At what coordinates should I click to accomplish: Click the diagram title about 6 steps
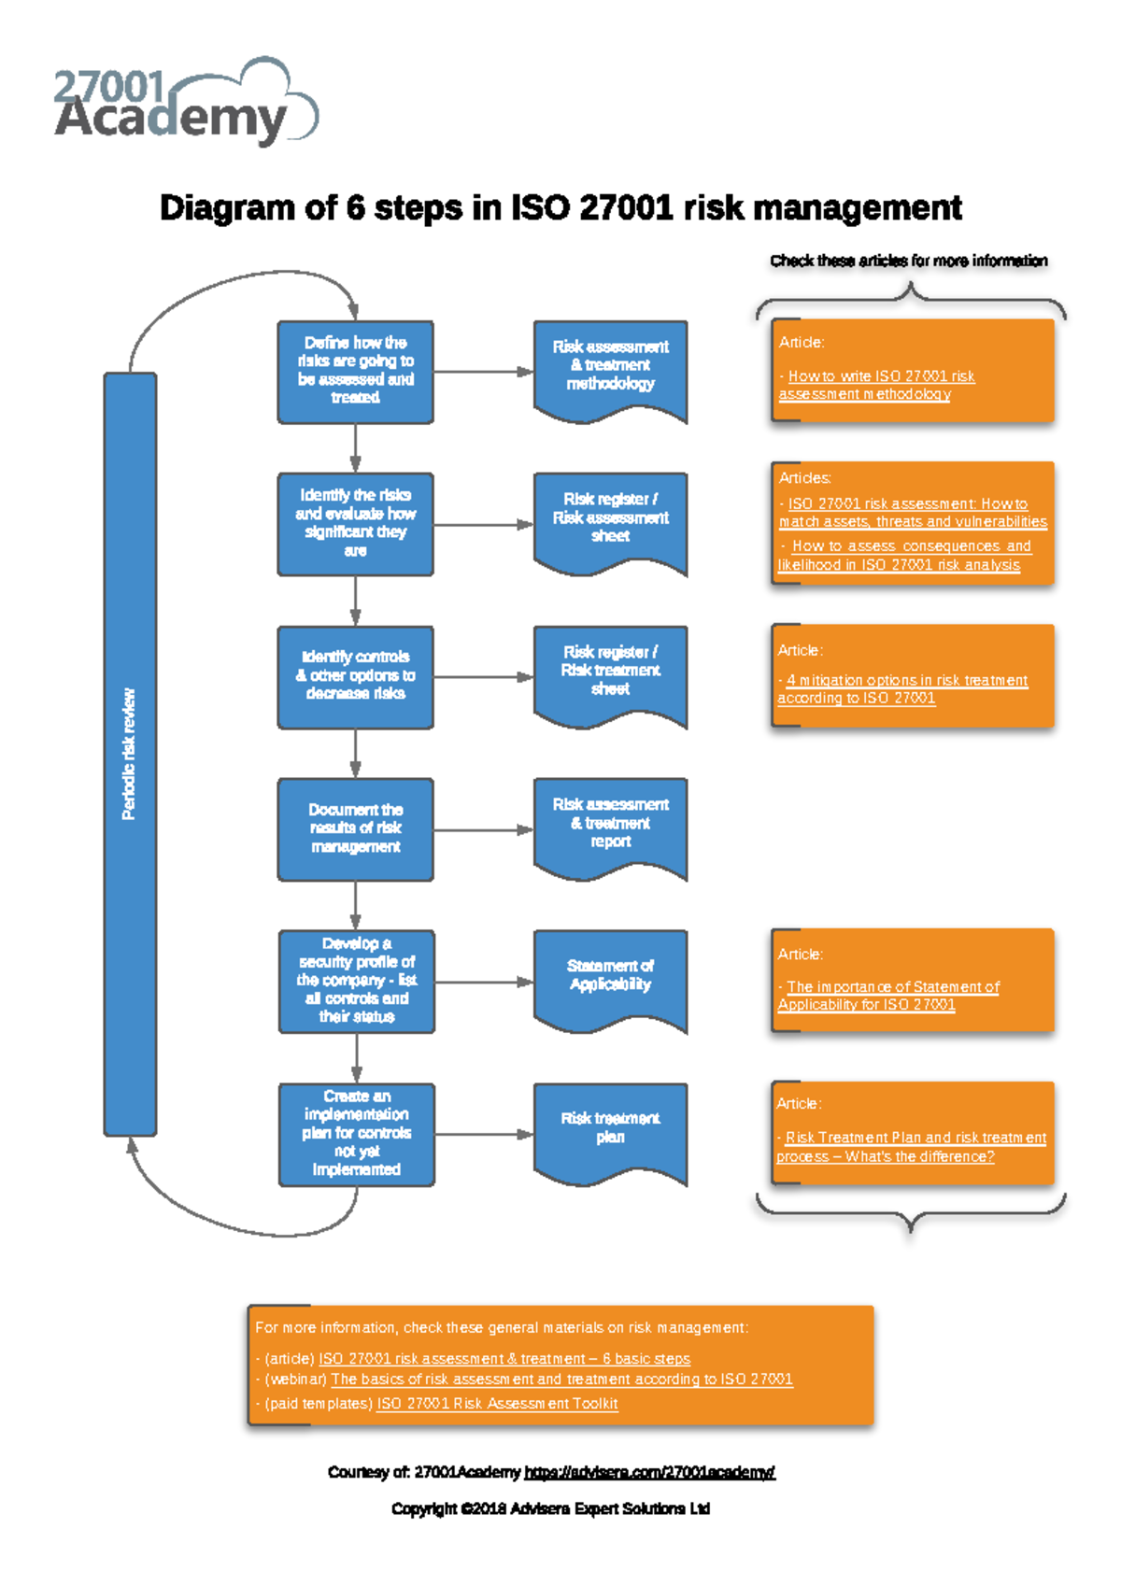[x=560, y=207]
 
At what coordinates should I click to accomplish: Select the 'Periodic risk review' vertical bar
[x=130, y=754]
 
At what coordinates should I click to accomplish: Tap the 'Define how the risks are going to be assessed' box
[x=355, y=371]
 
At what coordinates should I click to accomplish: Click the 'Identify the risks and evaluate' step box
[x=355, y=523]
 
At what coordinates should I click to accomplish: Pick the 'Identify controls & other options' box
[x=355, y=676]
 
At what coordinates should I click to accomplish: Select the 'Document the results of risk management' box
[x=355, y=828]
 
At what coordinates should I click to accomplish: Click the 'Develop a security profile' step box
[x=356, y=981]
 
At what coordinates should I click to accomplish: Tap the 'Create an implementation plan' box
[x=356, y=1134]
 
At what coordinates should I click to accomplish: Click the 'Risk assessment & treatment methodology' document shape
[x=610, y=366]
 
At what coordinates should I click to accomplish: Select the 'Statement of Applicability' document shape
[x=610, y=975]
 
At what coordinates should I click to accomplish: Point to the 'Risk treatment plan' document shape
[x=610, y=1128]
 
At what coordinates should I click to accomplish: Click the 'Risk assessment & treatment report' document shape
[x=610, y=823]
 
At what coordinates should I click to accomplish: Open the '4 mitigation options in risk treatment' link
[x=906, y=681]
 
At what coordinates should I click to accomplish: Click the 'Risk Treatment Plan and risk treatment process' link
[x=915, y=1138]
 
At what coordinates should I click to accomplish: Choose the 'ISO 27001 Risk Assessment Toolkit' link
[x=497, y=1404]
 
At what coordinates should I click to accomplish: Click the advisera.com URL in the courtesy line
[x=649, y=1473]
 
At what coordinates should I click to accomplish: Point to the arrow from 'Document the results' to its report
[x=483, y=829]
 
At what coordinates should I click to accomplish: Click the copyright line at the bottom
[x=550, y=1508]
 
